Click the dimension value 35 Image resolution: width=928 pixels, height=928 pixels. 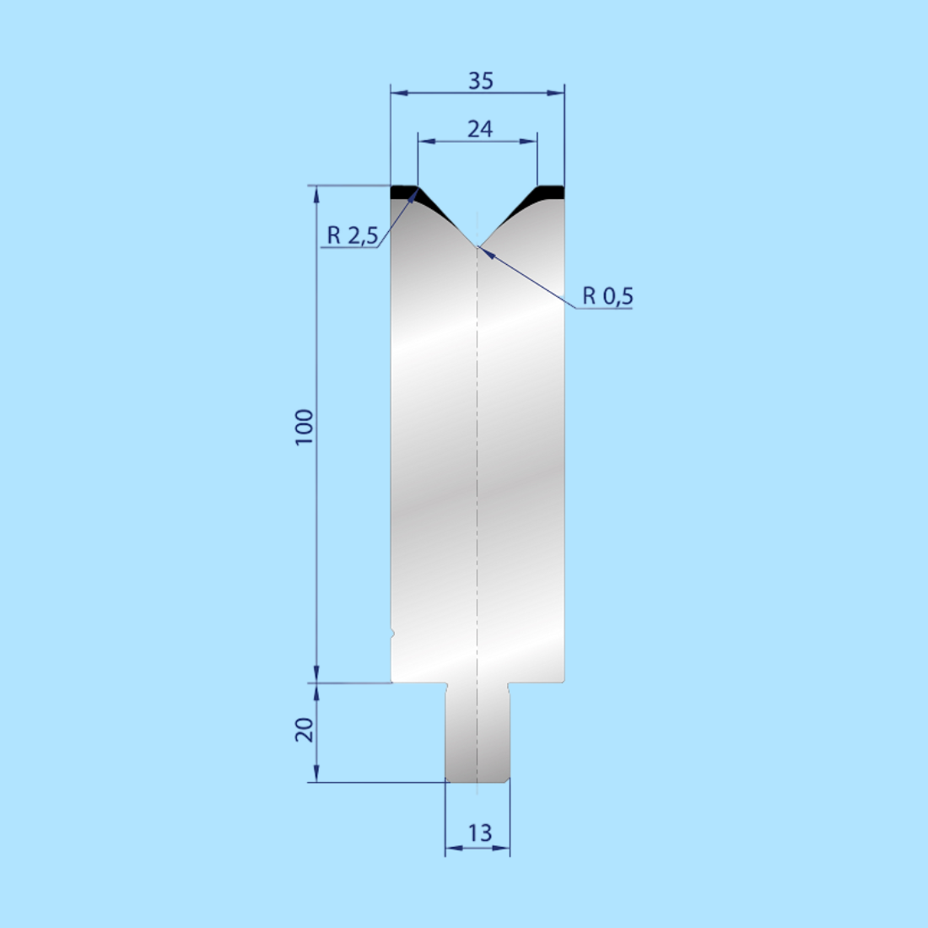click(x=480, y=81)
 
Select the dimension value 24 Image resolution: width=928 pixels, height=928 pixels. click(x=479, y=129)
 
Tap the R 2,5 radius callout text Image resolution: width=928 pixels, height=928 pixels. click(x=352, y=235)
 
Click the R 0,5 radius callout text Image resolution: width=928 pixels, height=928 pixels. click(x=607, y=296)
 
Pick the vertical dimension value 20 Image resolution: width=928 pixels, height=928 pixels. click(x=304, y=729)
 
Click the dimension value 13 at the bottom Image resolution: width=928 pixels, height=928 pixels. click(x=479, y=833)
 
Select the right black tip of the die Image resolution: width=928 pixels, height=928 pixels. click(x=549, y=192)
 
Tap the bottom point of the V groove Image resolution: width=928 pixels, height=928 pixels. click(x=477, y=245)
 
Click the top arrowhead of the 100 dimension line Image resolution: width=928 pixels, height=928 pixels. click(x=317, y=193)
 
